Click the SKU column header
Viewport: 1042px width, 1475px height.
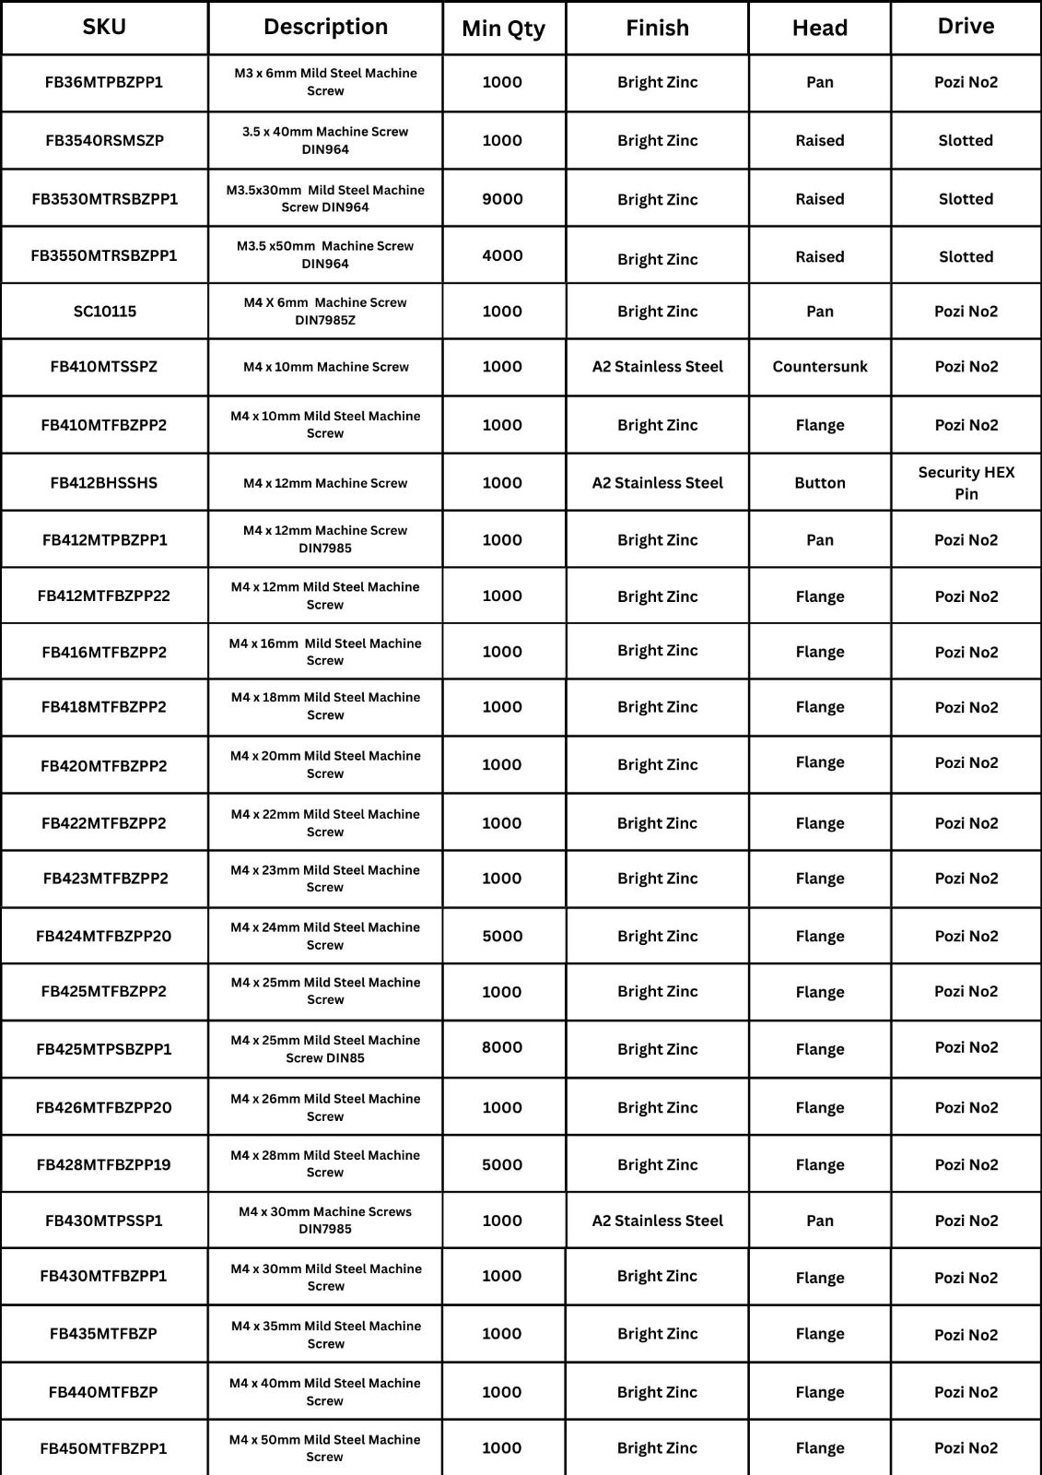(x=104, y=27)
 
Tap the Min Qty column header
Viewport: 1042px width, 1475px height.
(x=503, y=29)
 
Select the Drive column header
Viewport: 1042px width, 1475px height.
(x=966, y=27)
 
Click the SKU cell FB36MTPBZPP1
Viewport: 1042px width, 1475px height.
(x=104, y=82)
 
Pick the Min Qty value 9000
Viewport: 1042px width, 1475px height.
(x=502, y=199)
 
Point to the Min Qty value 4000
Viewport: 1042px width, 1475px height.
(x=502, y=255)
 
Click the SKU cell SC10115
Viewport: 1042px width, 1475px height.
(x=104, y=312)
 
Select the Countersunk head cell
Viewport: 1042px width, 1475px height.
(x=819, y=367)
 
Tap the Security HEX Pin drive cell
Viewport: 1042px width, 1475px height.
(x=966, y=483)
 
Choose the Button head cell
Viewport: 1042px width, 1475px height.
(x=819, y=483)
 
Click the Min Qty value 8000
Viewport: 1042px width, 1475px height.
(x=502, y=1047)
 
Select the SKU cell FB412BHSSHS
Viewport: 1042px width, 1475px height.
(x=104, y=483)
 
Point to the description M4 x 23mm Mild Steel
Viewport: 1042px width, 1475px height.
(x=325, y=879)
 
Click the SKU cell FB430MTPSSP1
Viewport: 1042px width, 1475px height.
(x=104, y=1221)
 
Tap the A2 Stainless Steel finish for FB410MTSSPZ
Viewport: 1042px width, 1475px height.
(x=657, y=367)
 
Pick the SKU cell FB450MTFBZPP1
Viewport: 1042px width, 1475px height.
(x=104, y=1448)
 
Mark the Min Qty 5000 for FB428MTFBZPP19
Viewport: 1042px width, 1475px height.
(x=502, y=1164)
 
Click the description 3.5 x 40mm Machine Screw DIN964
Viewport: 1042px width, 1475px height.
(x=325, y=140)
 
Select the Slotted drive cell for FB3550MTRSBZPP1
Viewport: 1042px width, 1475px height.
(x=966, y=257)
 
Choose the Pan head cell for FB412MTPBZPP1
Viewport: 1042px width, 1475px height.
(x=819, y=540)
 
